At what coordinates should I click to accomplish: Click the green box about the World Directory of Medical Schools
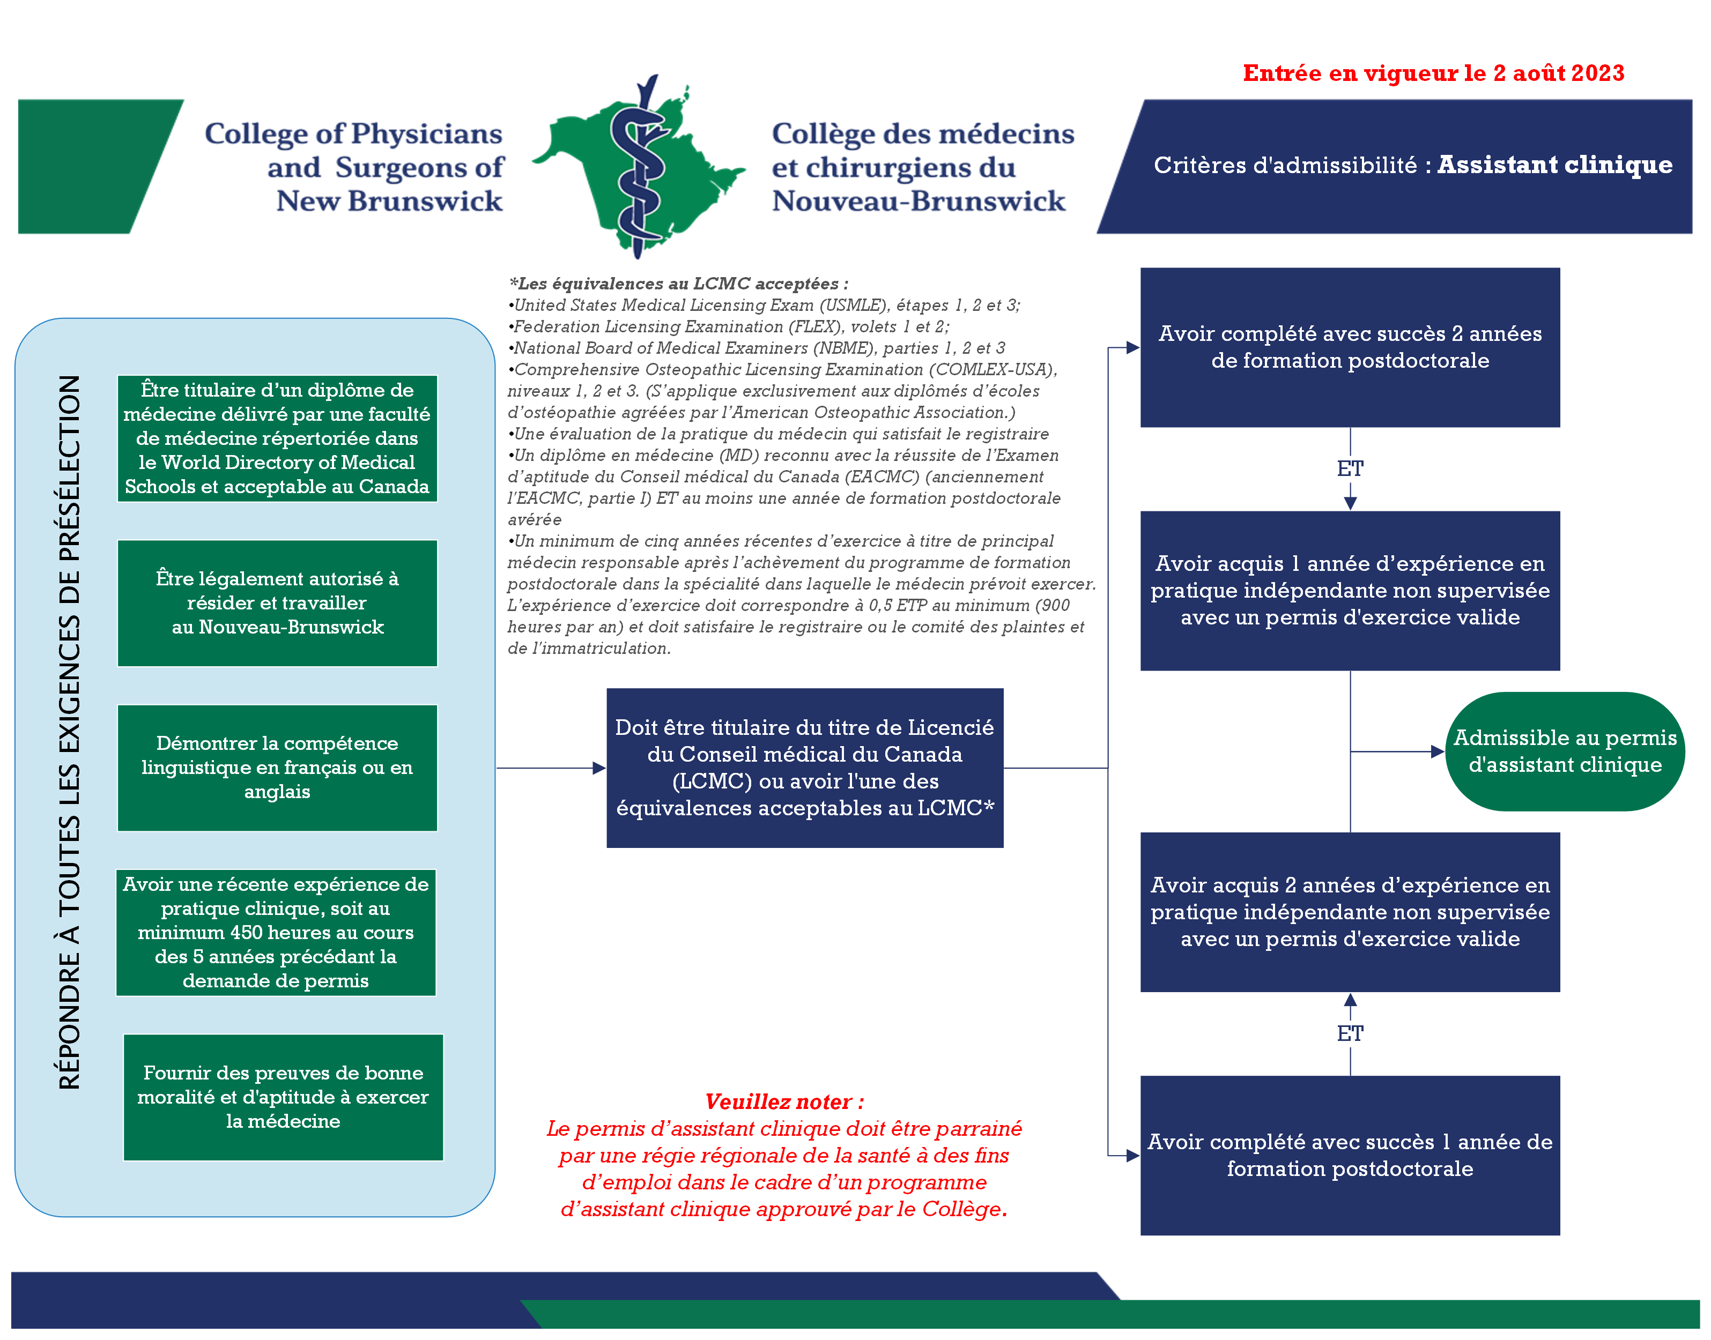[x=277, y=438]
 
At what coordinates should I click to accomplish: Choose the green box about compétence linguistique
[x=277, y=767]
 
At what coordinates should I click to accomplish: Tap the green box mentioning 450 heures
[x=276, y=932]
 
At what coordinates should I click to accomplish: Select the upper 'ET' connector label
[x=1350, y=468]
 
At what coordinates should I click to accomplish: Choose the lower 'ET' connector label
[x=1350, y=1033]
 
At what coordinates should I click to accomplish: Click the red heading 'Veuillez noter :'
[x=783, y=1101]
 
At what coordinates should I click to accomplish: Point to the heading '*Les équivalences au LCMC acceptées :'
[x=678, y=283]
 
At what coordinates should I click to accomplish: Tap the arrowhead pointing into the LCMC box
[x=599, y=768]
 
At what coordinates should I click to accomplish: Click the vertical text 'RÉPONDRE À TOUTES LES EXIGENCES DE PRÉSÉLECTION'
[x=69, y=732]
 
